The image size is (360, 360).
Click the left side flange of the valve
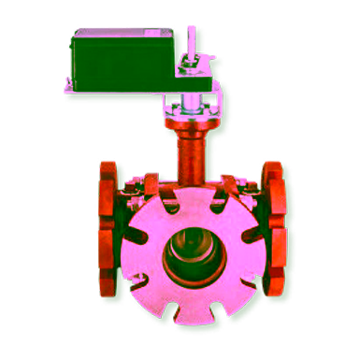point(108,229)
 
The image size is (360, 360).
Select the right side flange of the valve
point(272,229)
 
